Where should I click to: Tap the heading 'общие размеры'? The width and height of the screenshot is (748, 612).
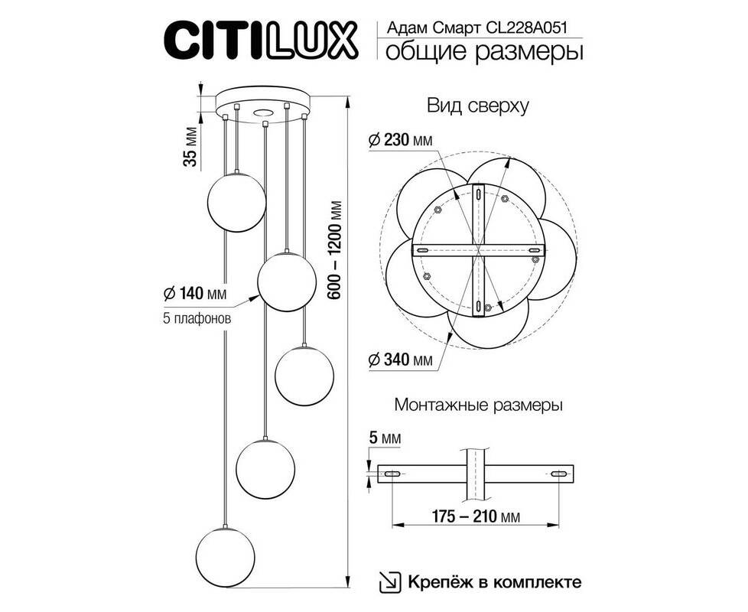click(x=483, y=51)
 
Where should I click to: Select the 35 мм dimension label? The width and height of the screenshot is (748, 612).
click(x=190, y=146)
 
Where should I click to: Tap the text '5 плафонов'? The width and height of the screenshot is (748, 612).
click(x=197, y=318)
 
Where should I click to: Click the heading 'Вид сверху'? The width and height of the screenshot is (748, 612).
click(x=478, y=106)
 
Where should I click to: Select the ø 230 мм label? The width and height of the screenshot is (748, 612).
click(x=401, y=140)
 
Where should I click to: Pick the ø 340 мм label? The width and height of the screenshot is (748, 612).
click(x=401, y=359)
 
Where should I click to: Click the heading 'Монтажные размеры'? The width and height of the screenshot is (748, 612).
click(x=479, y=405)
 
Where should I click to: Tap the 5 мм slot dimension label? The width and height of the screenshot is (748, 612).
click(x=385, y=438)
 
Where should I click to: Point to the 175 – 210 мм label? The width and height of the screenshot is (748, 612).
click(x=476, y=516)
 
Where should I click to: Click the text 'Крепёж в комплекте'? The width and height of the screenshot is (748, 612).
click(x=495, y=582)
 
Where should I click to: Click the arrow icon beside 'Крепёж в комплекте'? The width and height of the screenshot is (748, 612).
click(x=390, y=582)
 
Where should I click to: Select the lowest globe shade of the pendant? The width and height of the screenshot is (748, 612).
click(x=225, y=557)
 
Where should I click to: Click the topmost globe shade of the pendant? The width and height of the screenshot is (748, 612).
click(x=236, y=202)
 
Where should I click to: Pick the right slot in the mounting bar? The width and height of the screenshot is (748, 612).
click(x=558, y=474)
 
